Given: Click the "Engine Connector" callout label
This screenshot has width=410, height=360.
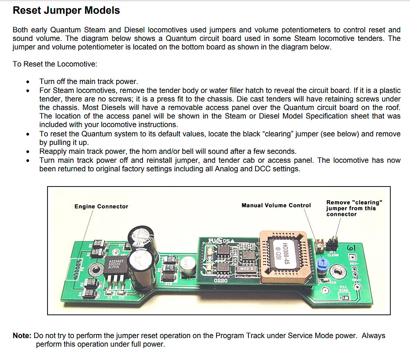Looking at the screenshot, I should coord(101,207).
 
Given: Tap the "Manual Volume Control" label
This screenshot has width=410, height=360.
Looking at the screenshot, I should coord(276,205).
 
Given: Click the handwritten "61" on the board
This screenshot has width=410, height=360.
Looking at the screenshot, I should coord(351,248).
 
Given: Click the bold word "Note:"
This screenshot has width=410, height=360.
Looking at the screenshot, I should coord(22,336).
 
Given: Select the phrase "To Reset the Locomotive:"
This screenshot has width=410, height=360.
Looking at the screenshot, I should coord(55,64).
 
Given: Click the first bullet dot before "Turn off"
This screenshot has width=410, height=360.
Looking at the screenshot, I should coord(28,82).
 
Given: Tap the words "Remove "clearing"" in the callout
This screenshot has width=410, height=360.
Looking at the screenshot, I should coord(354,202).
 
